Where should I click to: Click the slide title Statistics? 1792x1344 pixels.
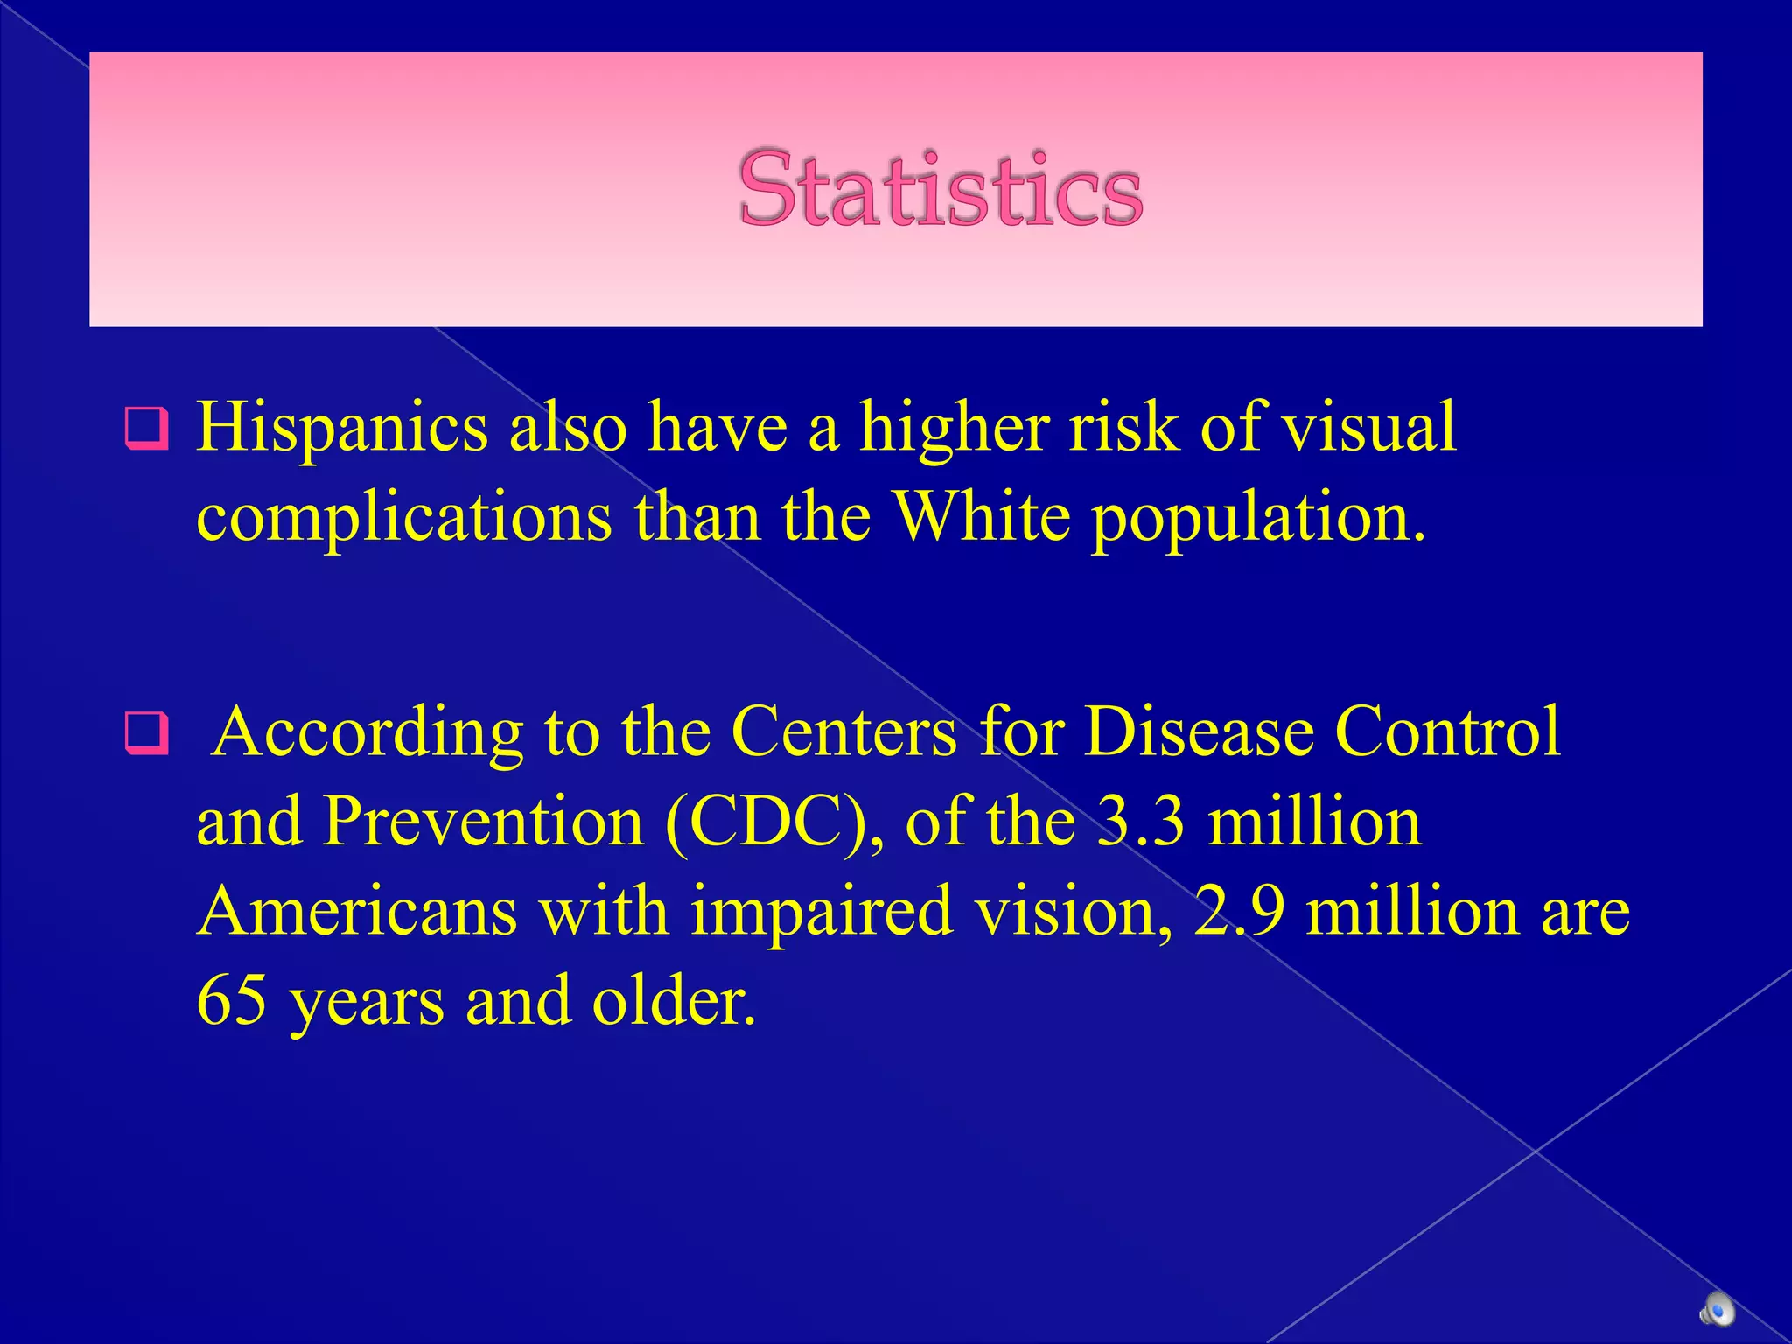pyautogui.click(x=940, y=189)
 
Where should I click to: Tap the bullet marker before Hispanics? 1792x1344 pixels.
pyautogui.click(x=145, y=428)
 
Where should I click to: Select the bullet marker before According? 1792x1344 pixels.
pyautogui.click(x=145, y=731)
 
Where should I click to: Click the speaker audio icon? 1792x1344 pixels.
pyautogui.click(x=1717, y=1310)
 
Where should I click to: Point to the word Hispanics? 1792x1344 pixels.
pyautogui.click(x=342, y=428)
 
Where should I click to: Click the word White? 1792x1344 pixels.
pyautogui.click(x=982, y=517)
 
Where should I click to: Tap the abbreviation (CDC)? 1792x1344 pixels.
pyautogui.click(x=773, y=823)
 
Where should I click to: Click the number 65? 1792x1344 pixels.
pyautogui.click(x=232, y=1000)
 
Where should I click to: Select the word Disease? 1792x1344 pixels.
pyautogui.click(x=1198, y=731)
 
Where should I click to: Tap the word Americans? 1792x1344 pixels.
pyautogui.click(x=357, y=911)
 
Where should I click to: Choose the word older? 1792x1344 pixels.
pyautogui.click(x=673, y=1000)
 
